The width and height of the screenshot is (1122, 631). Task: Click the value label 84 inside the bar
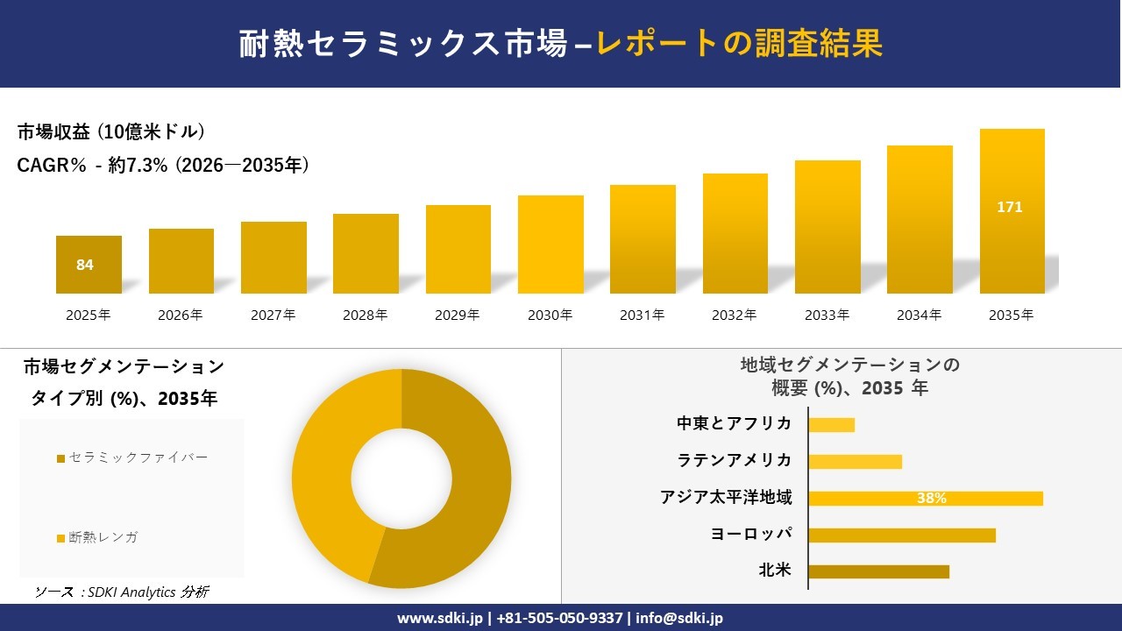(85, 265)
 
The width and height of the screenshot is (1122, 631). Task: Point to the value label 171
(1010, 208)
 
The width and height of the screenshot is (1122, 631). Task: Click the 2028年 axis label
(366, 315)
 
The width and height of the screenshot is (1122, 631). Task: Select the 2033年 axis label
(827, 315)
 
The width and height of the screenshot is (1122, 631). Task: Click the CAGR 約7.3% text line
(163, 166)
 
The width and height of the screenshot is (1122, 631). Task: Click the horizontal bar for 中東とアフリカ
(831, 425)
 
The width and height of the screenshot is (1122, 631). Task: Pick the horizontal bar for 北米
(878, 571)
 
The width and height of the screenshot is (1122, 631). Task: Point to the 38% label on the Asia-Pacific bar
(931, 498)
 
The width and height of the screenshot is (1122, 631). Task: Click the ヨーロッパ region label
(751, 534)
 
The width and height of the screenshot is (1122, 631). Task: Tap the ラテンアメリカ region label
(734, 460)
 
